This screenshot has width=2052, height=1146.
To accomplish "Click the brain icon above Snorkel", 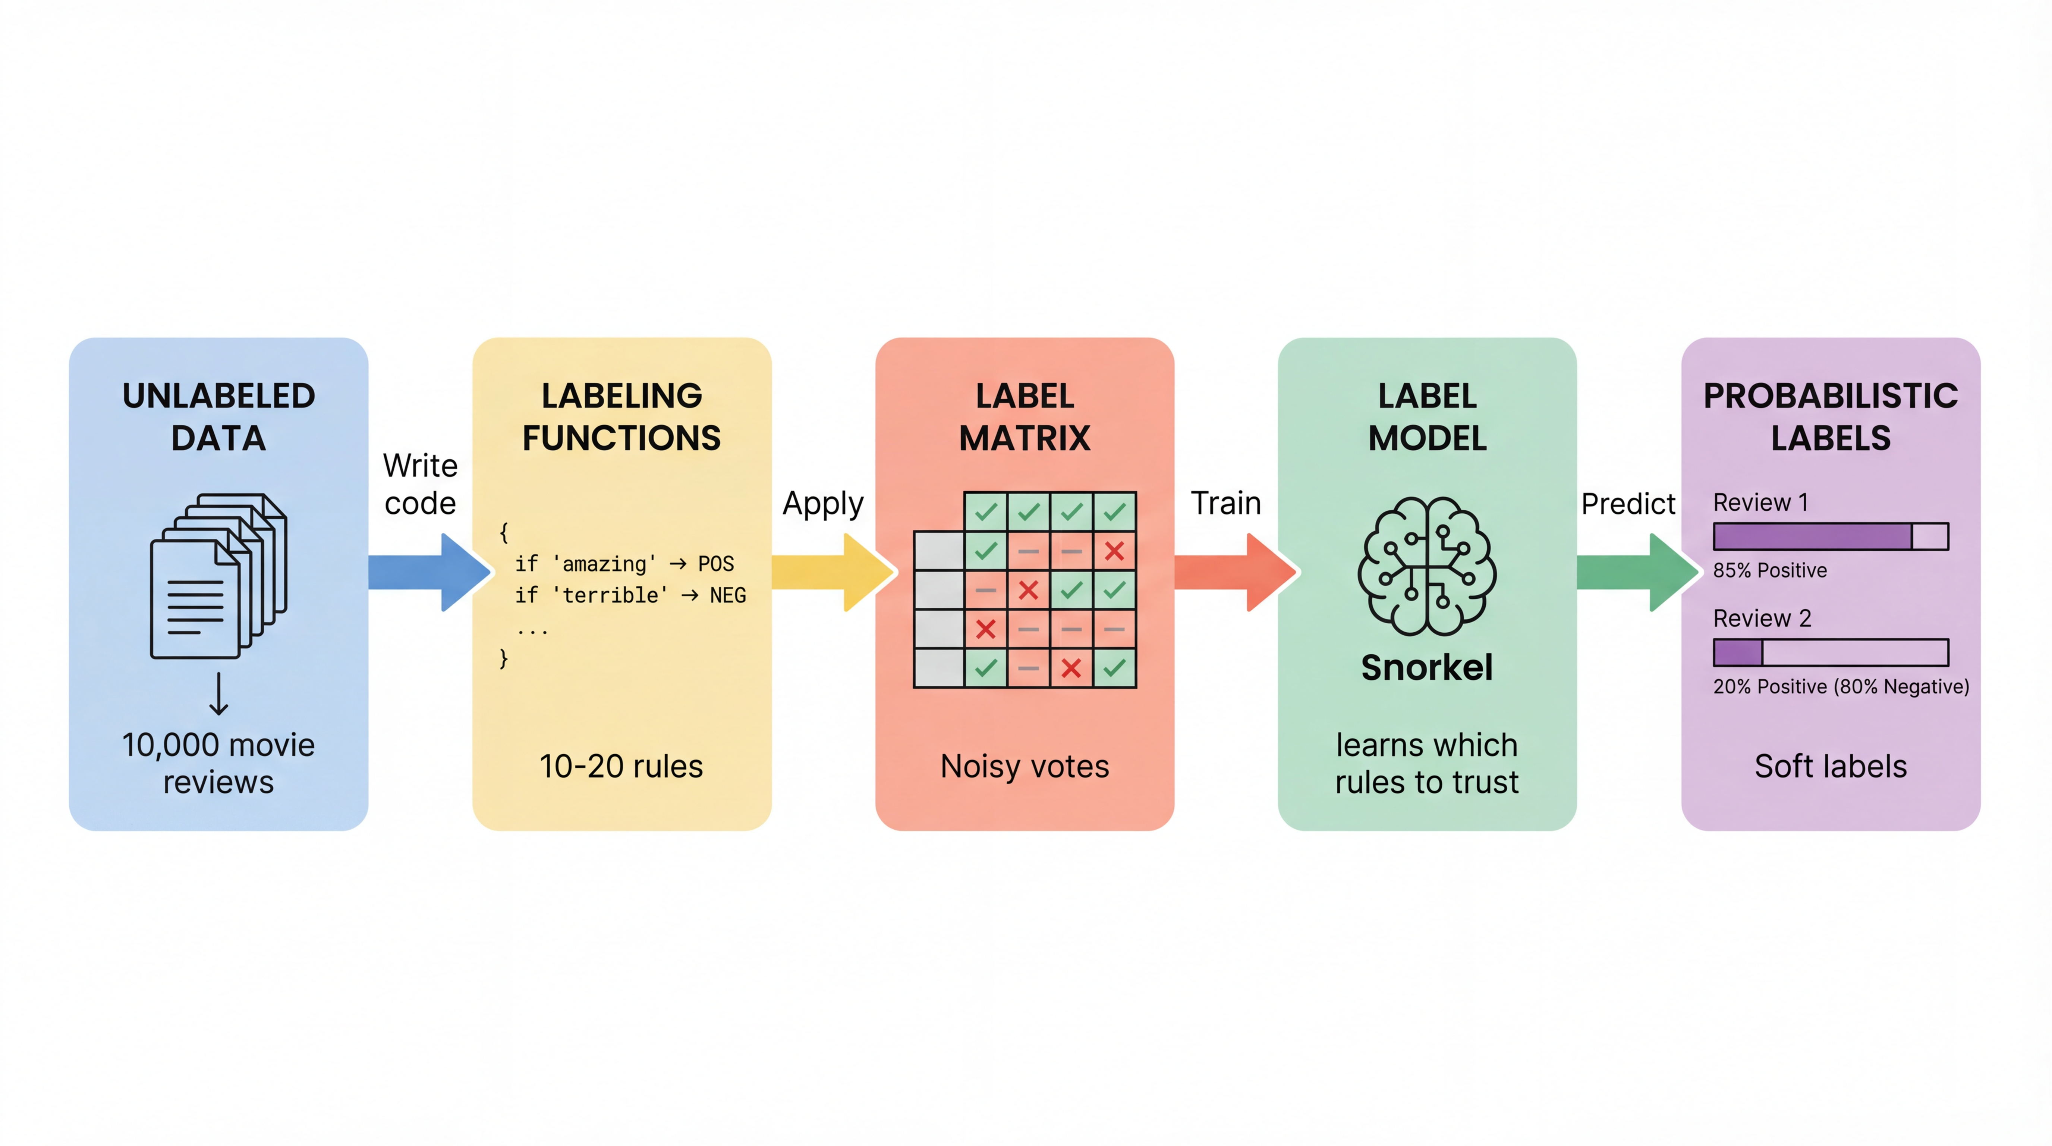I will pyautogui.click(x=1427, y=566).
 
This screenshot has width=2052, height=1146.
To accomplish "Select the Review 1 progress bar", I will pyautogui.click(x=1831, y=536).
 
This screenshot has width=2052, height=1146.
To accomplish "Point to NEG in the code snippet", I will pyautogui.click(x=727, y=595).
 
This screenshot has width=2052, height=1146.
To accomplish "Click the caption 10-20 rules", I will pyautogui.click(x=621, y=766).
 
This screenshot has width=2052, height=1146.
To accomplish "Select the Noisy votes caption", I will pyautogui.click(x=1025, y=766).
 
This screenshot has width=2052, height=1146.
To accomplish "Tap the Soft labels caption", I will pyautogui.click(x=1831, y=766).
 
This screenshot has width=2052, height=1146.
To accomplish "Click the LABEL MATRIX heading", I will pyautogui.click(x=1025, y=417).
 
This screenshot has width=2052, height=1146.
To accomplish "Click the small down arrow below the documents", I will pyautogui.click(x=218, y=693).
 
